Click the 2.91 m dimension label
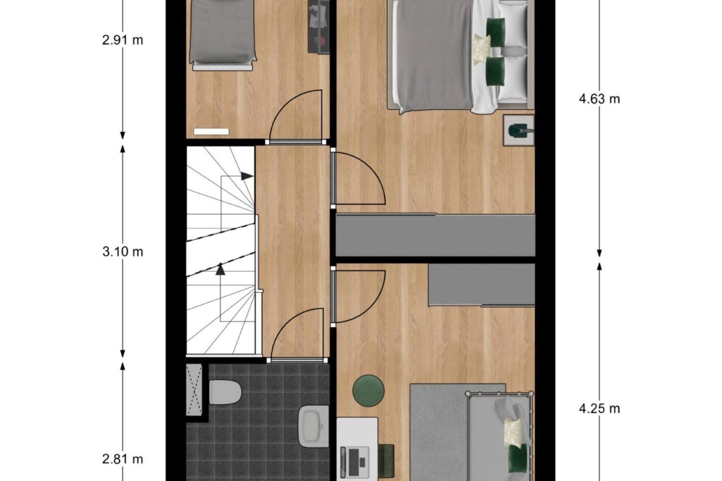[123, 40]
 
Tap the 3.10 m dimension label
[123, 251]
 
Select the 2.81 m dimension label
[123, 459]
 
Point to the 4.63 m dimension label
[599, 99]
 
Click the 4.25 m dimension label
[599, 408]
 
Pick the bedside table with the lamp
[518, 130]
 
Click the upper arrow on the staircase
[246, 176]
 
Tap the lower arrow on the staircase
[221, 270]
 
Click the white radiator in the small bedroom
[211, 131]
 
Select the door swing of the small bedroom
[296, 116]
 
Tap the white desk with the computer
[357, 448]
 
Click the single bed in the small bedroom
[223, 33]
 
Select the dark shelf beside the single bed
[318, 27]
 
